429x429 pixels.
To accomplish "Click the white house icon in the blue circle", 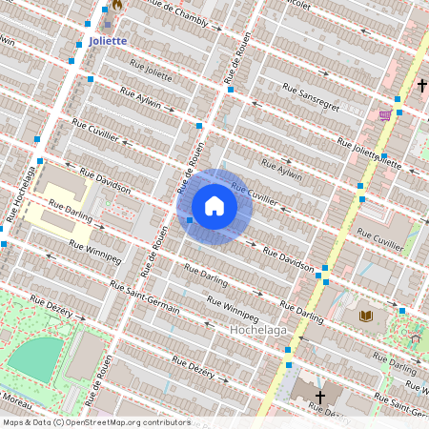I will pos(214,206).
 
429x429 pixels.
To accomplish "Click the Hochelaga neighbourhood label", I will pos(258,330).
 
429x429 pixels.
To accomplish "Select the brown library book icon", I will pos(366,316).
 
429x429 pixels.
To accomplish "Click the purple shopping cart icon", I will pos(385,115).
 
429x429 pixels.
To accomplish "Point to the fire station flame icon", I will pos(117,5).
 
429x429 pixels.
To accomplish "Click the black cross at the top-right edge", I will pos(421,86).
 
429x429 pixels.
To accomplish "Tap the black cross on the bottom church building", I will pos(320,397).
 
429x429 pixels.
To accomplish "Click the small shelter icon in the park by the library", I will pos(415,337).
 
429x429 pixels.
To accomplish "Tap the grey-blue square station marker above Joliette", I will pos(108,22).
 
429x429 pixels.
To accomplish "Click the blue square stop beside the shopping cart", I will pos(398,112).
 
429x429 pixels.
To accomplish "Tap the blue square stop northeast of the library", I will pos(402,310).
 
